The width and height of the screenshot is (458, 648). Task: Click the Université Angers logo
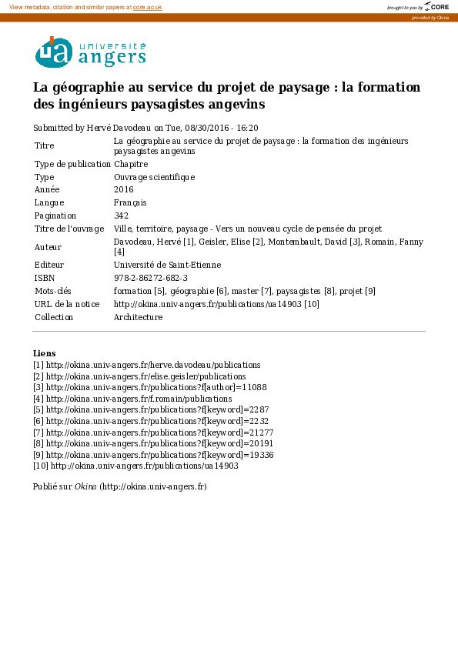click(90, 52)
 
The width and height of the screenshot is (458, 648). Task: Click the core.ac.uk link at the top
click(148, 7)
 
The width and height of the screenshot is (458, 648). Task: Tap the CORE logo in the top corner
click(436, 7)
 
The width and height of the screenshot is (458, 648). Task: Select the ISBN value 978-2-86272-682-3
click(151, 278)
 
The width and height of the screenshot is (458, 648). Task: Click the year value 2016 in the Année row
click(123, 189)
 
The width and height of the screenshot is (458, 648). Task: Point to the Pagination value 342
click(121, 215)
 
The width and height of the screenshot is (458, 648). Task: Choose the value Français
click(130, 202)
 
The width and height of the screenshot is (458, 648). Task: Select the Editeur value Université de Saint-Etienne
click(167, 265)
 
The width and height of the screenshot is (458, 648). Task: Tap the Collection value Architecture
click(138, 317)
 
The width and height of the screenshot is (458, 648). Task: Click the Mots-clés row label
click(52, 291)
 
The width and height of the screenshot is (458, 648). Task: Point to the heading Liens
click(44, 353)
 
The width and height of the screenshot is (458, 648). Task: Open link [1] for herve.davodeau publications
click(153, 365)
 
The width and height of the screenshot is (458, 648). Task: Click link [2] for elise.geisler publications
click(146, 376)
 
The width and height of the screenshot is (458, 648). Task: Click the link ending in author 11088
click(156, 387)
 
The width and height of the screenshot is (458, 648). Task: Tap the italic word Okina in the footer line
click(85, 486)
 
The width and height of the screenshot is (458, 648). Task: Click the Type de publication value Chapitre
click(131, 164)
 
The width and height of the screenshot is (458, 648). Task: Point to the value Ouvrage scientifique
click(154, 177)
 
